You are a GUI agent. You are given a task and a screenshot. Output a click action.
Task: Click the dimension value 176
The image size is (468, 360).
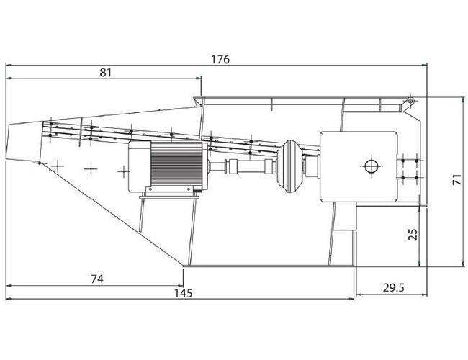tap(220, 60)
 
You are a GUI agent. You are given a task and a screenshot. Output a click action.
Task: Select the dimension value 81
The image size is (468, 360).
tap(105, 73)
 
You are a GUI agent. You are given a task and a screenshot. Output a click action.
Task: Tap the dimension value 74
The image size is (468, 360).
tap(97, 279)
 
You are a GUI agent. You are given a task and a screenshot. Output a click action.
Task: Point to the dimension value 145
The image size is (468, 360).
tap(184, 293)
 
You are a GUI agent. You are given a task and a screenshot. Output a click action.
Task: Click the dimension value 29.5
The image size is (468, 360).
tap(393, 288)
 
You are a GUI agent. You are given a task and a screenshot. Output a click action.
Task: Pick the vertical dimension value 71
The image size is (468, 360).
tap(457, 180)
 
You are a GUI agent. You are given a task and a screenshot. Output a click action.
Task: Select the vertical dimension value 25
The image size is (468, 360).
tap(413, 235)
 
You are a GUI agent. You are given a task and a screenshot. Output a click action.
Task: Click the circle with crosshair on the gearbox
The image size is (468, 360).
tap(372, 166)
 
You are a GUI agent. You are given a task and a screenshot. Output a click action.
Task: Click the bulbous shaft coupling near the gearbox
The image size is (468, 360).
tap(288, 166)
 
